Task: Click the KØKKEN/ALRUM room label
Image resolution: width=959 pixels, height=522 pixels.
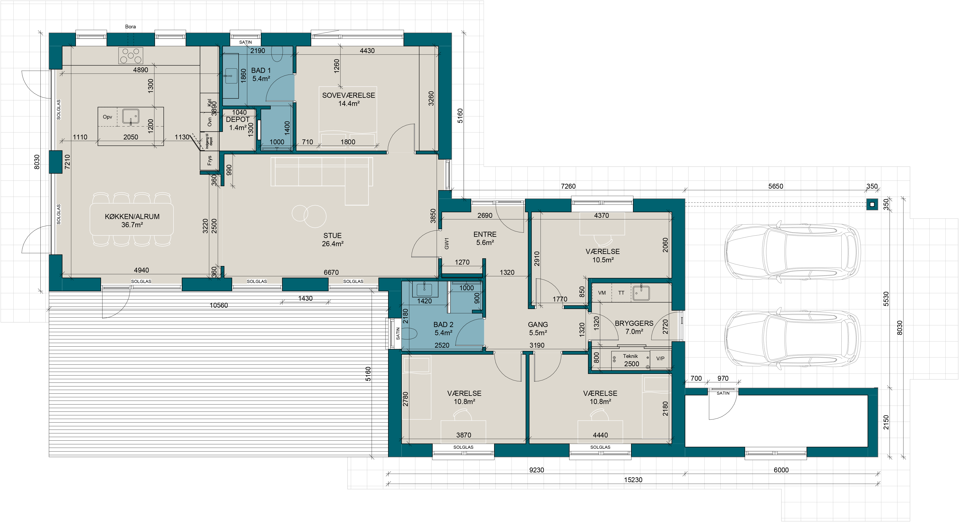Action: pyautogui.click(x=132, y=217)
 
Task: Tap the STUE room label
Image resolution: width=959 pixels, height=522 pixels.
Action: pyautogui.click(x=332, y=236)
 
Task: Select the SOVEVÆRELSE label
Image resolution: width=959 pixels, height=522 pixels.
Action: pyautogui.click(x=348, y=95)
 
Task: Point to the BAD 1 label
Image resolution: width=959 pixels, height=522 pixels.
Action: pyautogui.click(x=261, y=70)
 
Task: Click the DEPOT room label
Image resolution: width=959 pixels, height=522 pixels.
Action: pyautogui.click(x=238, y=119)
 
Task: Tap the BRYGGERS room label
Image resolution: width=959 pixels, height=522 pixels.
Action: pyautogui.click(x=634, y=323)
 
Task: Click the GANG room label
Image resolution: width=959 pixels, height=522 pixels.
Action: pyautogui.click(x=538, y=325)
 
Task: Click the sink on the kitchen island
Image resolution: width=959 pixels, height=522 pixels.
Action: pyautogui.click(x=131, y=117)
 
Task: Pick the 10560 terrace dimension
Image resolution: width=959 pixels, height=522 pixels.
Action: pyautogui.click(x=219, y=305)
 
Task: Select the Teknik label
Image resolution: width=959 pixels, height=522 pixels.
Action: pyautogui.click(x=630, y=356)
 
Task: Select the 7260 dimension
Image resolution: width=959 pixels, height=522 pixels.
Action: pyautogui.click(x=568, y=186)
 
